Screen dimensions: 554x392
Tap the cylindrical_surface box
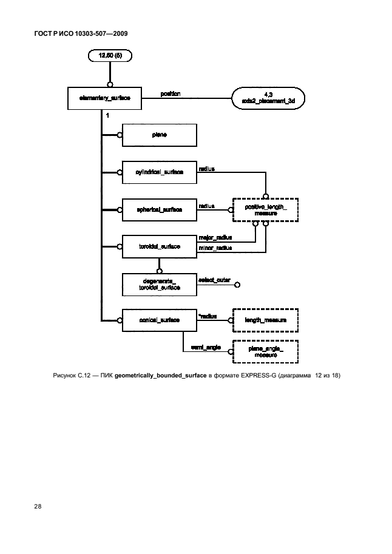point(159,172)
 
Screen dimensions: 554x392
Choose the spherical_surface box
point(159,209)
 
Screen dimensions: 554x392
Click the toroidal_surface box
point(159,246)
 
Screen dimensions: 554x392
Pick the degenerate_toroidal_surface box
point(159,283)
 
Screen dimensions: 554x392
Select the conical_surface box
point(159,320)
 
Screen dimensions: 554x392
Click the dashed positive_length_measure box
point(266,210)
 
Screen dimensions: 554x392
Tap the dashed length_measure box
point(266,320)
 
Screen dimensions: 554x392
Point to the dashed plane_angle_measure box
point(266,351)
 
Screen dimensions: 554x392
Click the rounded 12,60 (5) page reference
point(110,57)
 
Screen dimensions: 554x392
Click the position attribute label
point(171,93)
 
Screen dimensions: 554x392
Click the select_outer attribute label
point(214,280)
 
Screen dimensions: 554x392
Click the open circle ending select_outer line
point(238,284)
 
